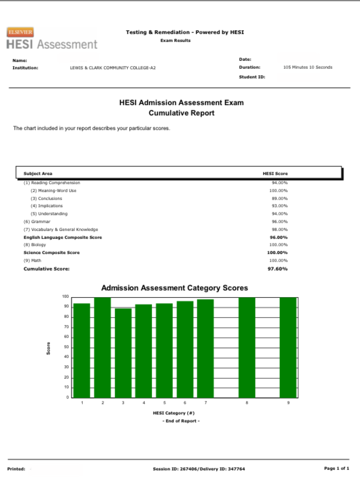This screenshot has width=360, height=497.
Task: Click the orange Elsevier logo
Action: (20, 32)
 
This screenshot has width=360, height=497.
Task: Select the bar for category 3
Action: (123, 353)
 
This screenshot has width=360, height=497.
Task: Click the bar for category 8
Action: (247, 348)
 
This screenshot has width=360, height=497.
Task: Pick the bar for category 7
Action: (205, 348)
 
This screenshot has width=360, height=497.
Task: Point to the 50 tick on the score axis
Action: (66, 347)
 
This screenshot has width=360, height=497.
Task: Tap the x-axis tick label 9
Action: (288, 403)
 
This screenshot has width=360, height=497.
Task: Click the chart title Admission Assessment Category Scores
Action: (175, 288)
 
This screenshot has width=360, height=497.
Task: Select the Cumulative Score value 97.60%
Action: (277, 269)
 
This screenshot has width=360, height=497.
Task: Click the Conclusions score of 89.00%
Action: (280, 198)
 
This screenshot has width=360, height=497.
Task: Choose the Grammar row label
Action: (37, 222)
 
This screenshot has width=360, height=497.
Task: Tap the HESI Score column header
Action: (275, 174)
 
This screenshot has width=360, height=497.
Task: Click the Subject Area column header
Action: (38, 174)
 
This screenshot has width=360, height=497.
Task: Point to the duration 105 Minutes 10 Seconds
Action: (307, 67)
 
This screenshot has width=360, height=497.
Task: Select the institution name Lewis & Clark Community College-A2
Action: (113, 68)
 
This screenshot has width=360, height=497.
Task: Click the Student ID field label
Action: (252, 77)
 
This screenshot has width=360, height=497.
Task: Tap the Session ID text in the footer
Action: (199, 469)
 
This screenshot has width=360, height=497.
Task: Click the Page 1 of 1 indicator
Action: (336, 468)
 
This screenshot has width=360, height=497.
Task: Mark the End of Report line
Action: (181, 421)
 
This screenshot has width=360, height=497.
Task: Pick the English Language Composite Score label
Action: (63, 237)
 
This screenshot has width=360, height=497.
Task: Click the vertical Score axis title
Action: (48, 348)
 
